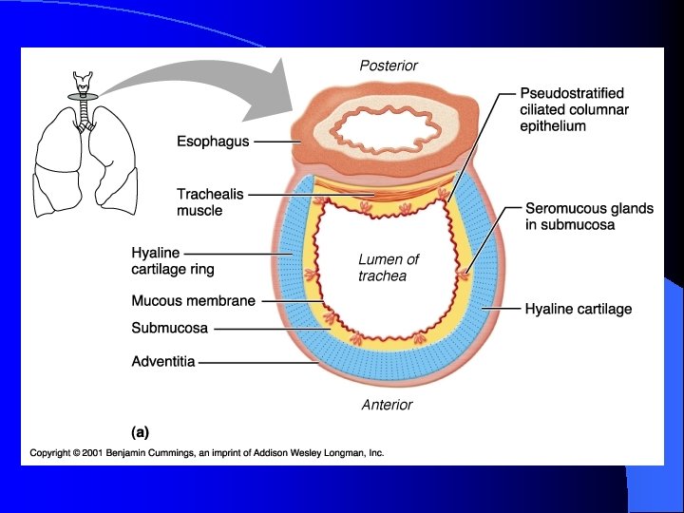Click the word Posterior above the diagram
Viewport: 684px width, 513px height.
pos(389,66)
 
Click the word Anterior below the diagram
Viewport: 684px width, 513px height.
pos(388,405)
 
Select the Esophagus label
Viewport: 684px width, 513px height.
pos(213,142)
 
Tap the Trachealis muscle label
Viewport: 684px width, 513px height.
pos(210,201)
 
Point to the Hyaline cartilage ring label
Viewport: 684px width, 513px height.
pos(173,261)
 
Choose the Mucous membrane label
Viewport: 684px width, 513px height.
pos(193,301)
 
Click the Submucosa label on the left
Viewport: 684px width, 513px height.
pos(169,329)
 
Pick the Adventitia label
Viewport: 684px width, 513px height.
pos(163,361)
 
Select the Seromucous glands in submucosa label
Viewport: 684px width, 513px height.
pos(589,217)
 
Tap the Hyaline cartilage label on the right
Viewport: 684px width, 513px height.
pos(578,309)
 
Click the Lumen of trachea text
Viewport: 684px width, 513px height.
pos(388,267)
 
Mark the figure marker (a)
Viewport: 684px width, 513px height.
pos(140,431)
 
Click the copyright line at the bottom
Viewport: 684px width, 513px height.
pos(206,453)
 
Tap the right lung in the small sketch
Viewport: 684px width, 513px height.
pos(57,161)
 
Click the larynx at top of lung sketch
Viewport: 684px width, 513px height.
pos(86,80)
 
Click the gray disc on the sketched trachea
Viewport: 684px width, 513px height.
pos(86,97)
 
